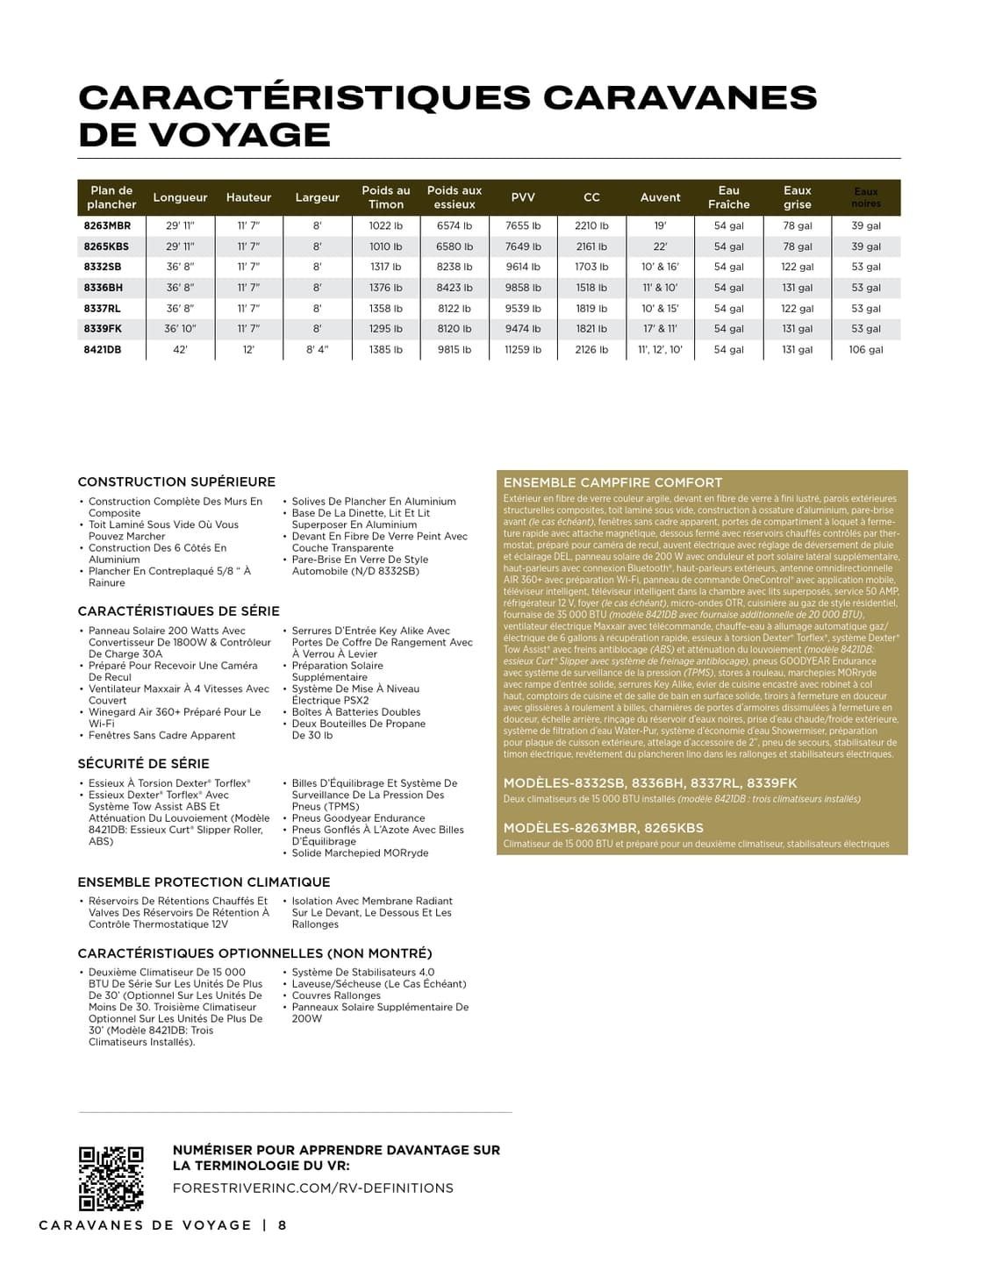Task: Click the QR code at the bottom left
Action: tap(111, 1179)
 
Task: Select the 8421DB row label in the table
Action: tap(103, 349)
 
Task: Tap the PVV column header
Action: tap(523, 197)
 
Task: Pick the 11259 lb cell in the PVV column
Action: tap(523, 349)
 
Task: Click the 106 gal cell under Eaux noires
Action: tap(865, 349)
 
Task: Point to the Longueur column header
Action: tap(180, 197)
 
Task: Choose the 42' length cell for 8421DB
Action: tap(180, 349)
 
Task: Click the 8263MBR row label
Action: tap(107, 225)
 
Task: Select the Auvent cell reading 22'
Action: tap(660, 246)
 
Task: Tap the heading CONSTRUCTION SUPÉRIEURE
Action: tap(176, 482)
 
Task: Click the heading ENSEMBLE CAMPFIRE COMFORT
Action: tap(612, 482)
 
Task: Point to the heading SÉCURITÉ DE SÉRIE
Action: tap(143, 763)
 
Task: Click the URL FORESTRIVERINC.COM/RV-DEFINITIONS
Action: tap(313, 1188)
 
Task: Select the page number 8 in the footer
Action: tap(283, 1225)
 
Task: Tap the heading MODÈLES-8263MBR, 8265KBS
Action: tap(603, 827)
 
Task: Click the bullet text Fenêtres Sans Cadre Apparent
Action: tap(161, 735)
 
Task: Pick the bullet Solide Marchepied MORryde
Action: tap(360, 853)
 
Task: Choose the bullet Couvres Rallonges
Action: tap(336, 995)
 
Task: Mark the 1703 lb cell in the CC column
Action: tap(591, 267)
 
